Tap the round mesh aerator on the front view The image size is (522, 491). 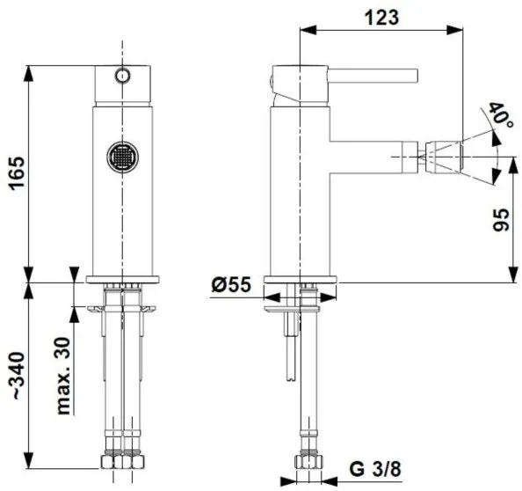coord(122,158)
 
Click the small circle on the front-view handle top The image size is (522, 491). coord(122,75)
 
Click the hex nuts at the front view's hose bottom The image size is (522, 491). coord(122,463)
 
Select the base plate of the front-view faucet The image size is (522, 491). coord(122,280)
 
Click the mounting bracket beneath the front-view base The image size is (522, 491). coord(122,309)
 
